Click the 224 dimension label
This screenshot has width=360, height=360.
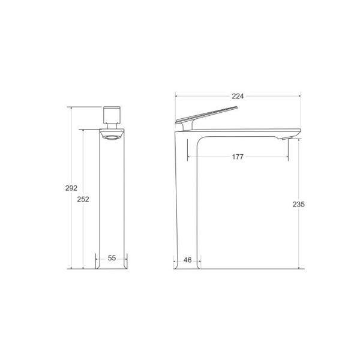pos(238,96)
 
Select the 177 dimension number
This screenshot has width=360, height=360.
pos(238,157)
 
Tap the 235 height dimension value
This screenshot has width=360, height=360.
pos(298,204)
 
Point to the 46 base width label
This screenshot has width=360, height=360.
pos(188,260)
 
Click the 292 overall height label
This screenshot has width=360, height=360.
pos(71,188)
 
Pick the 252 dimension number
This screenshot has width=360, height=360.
pos(83,199)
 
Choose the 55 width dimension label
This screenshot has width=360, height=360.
pos(112,258)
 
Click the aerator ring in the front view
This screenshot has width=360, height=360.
pos(112,137)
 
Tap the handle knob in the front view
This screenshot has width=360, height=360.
pos(112,115)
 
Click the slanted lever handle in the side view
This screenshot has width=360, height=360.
pos(206,115)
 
